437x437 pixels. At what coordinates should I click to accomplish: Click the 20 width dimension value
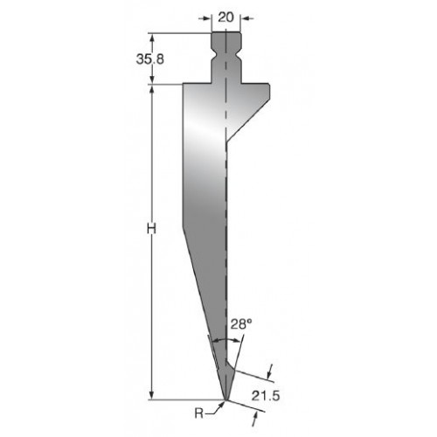[225, 17]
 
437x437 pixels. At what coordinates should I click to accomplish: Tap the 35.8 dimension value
[150, 59]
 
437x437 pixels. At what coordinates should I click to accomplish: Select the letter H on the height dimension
[151, 228]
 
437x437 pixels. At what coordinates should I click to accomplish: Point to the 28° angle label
[241, 324]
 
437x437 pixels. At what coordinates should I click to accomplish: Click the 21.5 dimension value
[266, 396]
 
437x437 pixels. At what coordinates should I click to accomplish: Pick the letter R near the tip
[199, 413]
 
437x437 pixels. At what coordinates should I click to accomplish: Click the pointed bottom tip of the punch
[225, 399]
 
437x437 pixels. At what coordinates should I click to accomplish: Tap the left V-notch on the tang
[214, 54]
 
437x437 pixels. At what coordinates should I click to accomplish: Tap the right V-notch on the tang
[239, 54]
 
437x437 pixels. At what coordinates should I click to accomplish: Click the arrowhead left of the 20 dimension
[207, 18]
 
